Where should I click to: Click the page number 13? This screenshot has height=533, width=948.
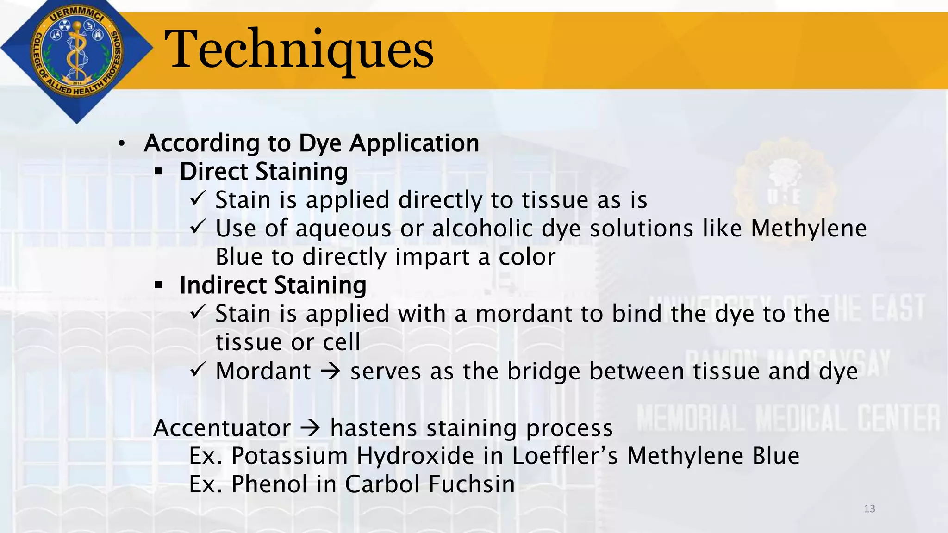tap(869, 509)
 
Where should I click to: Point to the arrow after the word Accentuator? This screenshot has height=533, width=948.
tap(310, 428)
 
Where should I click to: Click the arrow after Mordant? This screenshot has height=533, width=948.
tap(331, 372)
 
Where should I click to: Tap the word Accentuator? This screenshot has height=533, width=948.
tap(222, 428)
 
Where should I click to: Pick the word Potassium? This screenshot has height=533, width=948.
tap(289, 456)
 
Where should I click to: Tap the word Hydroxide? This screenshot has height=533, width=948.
tap(415, 456)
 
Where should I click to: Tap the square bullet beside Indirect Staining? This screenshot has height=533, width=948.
tap(159, 286)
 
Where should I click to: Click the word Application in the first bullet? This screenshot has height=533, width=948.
tap(414, 143)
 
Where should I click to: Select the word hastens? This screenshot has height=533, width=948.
tap(374, 428)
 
